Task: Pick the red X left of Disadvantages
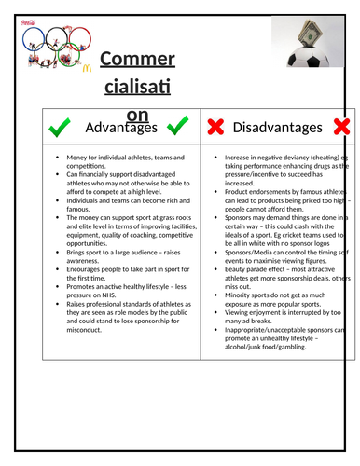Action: point(215,127)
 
